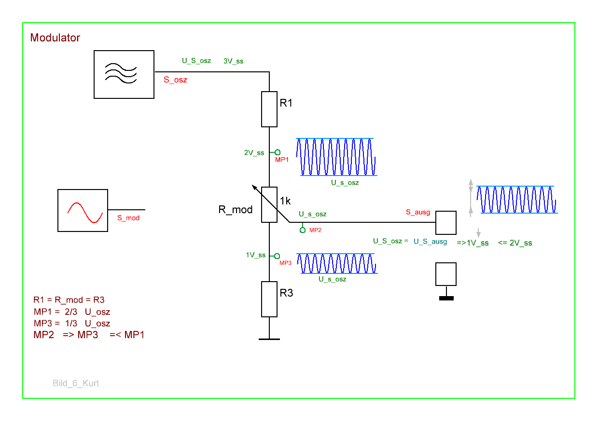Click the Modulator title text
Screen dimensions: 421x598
point(55,38)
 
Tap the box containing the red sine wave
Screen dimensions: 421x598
point(83,210)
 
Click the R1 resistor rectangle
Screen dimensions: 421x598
point(269,109)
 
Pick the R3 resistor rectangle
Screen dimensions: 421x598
point(269,299)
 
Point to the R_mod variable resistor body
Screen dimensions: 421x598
point(269,204)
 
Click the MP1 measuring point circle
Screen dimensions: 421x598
point(278,152)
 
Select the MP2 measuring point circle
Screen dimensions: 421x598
point(303,230)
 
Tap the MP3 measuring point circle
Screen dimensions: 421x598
point(278,256)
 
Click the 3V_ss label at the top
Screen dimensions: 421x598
point(234,61)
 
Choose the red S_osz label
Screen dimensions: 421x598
point(175,80)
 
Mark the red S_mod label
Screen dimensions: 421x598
point(128,218)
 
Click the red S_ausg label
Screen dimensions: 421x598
point(418,213)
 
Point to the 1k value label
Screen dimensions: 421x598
point(285,201)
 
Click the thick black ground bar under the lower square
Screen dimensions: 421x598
point(446,298)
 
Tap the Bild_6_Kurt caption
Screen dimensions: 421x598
point(76,383)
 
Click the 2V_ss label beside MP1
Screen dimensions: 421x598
point(254,153)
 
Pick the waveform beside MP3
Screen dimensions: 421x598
point(337,263)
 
